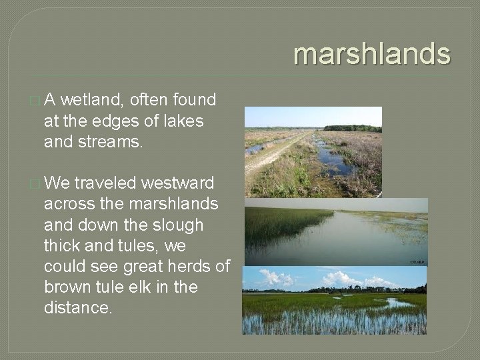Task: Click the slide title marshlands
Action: coord(372,54)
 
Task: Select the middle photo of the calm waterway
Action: coord(335,233)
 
